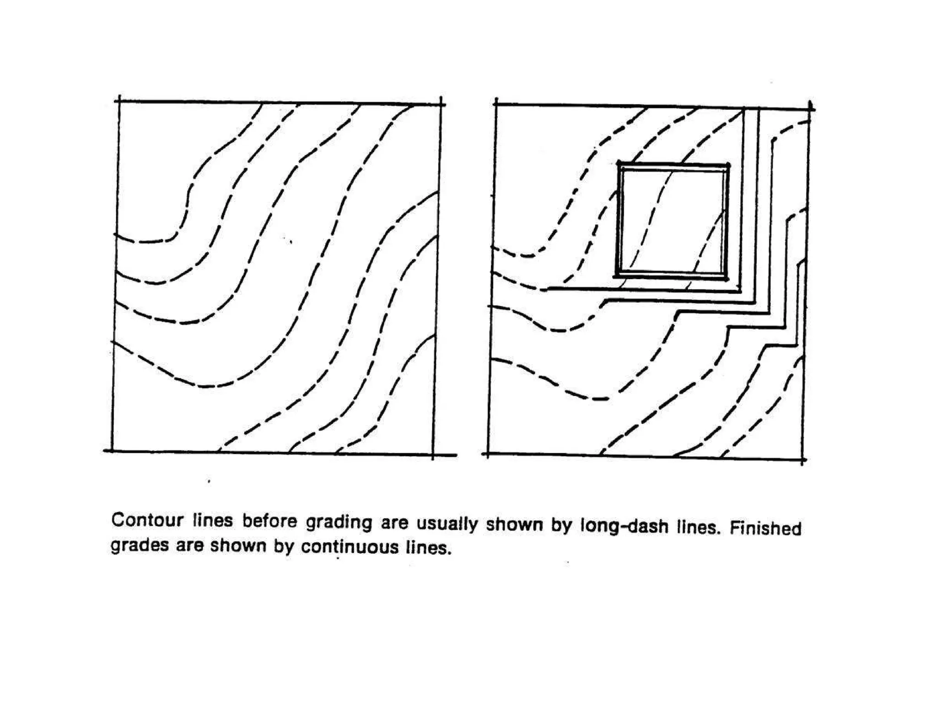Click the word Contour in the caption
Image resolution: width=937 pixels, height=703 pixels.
pyautogui.click(x=147, y=520)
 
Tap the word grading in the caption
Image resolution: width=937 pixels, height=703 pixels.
pyautogui.click(x=339, y=523)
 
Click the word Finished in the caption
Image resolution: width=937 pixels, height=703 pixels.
pyautogui.click(x=765, y=528)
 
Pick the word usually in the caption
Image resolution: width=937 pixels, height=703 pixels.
pyautogui.click(x=447, y=524)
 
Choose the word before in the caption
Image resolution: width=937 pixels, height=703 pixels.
pyautogui.click(x=269, y=521)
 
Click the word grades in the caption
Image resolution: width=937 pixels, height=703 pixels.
pyautogui.click(x=140, y=545)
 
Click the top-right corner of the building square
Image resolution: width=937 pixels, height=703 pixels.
pyautogui.click(x=727, y=165)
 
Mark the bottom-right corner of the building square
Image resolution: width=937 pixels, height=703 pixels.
pyautogui.click(x=727, y=278)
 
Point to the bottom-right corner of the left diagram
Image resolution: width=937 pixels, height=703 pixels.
pyautogui.click(x=433, y=455)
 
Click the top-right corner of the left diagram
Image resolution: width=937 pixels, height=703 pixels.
pyautogui.click(x=441, y=104)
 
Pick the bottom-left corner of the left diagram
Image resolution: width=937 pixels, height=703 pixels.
pyautogui.click(x=112, y=451)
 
